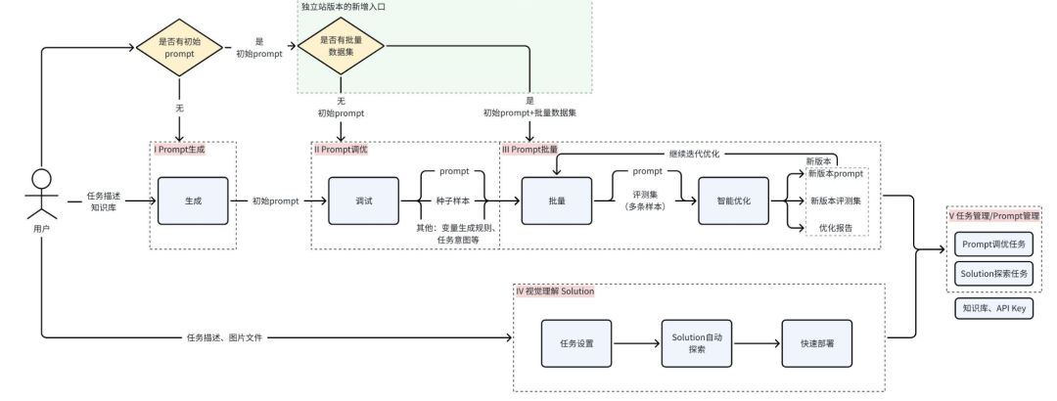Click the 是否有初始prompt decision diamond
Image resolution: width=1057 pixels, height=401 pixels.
[180, 48]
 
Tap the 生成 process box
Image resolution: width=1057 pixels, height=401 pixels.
[192, 200]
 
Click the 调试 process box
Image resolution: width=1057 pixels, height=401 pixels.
[364, 200]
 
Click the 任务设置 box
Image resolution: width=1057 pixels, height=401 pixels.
[577, 344]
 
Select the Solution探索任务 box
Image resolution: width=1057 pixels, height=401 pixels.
[994, 275]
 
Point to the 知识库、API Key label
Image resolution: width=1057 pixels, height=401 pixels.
[993, 309]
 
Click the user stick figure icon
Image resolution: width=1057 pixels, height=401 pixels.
[40, 195]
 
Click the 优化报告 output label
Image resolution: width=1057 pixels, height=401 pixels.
[834, 227]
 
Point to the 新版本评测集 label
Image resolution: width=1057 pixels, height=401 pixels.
[835, 200]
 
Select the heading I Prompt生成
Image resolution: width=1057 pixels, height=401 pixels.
[180, 150]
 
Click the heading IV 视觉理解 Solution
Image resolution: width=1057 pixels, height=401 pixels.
[554, 291]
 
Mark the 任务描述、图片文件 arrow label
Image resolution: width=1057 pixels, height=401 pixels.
[225, 337]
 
